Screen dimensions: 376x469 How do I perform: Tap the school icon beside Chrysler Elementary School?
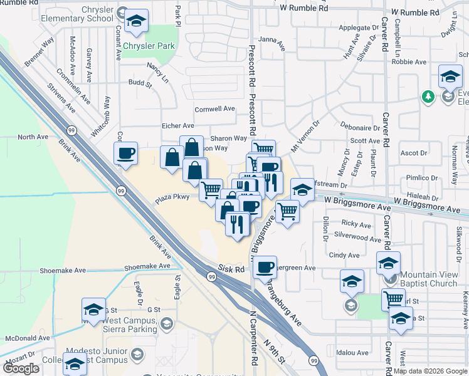coord(136,21)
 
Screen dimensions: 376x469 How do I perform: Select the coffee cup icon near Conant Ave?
coord(126,153)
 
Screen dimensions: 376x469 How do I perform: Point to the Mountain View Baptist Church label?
coord(429,279)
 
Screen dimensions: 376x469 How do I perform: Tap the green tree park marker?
coord(428,97)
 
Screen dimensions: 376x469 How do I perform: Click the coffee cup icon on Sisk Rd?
coord(265,267)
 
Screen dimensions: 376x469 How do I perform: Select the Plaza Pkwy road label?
coord(172,199)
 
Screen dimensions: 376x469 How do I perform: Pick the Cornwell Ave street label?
coord(214,109)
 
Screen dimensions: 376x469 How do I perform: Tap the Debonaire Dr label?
coord(357,126)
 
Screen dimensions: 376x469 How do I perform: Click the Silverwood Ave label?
coord(357,239)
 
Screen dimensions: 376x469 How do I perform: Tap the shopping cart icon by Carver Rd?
coord(393,299)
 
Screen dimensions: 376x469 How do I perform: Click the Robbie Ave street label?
coord(409,62)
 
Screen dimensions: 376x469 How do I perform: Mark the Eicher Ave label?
coord(178,126)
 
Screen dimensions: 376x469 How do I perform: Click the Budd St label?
coord(140,83)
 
